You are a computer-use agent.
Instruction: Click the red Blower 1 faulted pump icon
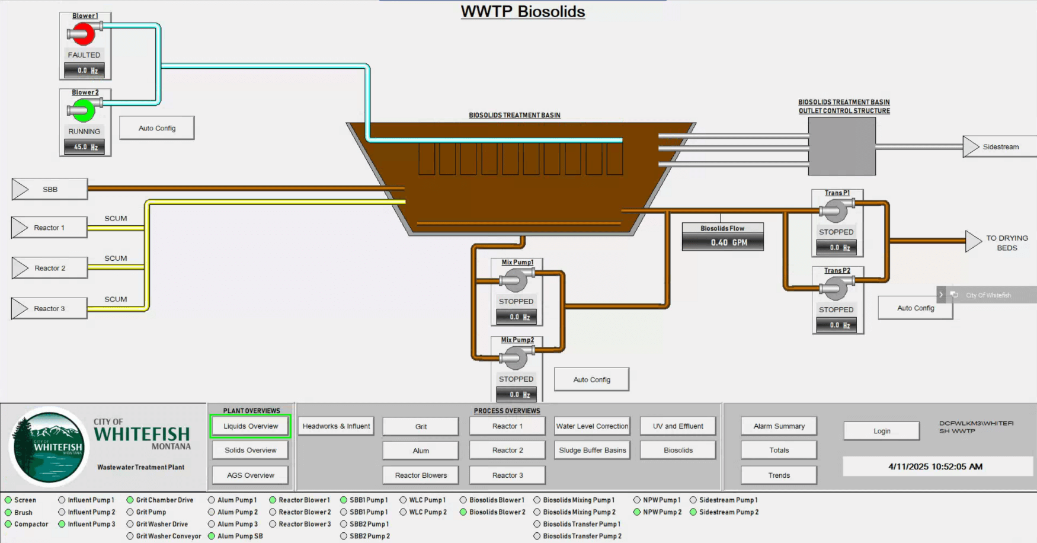coord(84,34)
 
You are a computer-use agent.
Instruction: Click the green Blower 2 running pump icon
coord(84,111)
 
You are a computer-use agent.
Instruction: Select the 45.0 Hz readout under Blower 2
coord(85,147)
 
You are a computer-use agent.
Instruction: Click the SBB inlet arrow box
coord(50,190)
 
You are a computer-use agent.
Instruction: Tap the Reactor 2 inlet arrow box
coord(50,268)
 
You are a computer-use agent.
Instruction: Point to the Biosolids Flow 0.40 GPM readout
coord(722,242)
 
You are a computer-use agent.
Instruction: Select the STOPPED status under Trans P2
coord(836,309)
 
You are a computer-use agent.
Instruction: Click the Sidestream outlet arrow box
coord(1000,147)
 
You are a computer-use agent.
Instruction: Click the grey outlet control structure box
coord(841,146)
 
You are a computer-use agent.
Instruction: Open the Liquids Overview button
coord(251,426)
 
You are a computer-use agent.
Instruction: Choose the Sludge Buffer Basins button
coord(592,451)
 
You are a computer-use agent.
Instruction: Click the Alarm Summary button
coord(779,426)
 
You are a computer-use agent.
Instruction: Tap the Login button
coord(881,431)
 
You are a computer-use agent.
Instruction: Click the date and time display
coord(935,467)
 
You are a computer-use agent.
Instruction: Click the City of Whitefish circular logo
coord(49,446)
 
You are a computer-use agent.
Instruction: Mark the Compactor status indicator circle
coord(8,524)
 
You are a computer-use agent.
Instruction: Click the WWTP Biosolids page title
coord(523,11)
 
